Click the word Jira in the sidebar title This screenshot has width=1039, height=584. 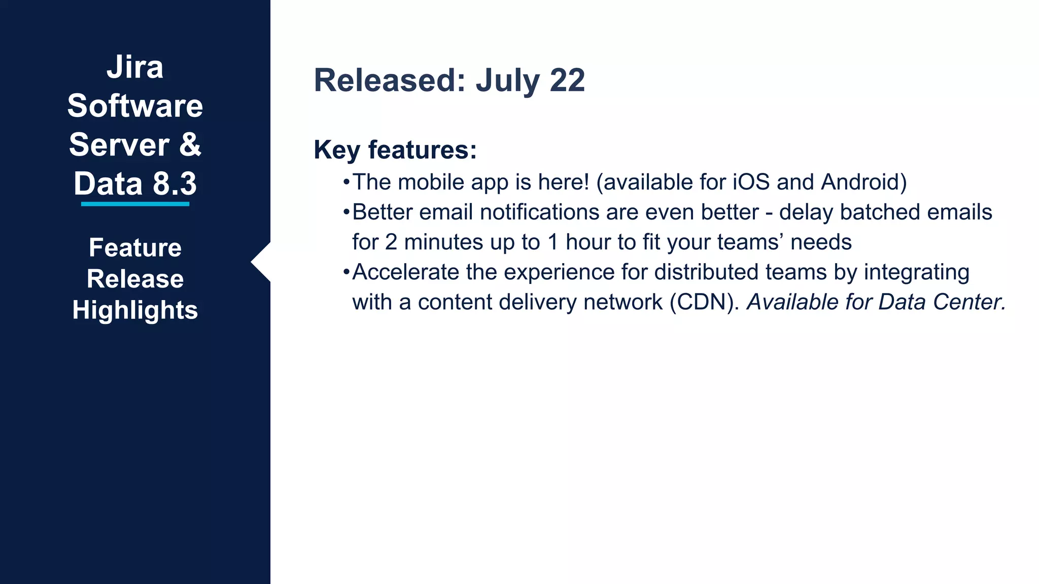click(135, 67)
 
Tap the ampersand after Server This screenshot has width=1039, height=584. click(190, 144)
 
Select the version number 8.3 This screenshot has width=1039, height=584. click(175, 184)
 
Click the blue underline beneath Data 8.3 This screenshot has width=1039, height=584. click(135, 204)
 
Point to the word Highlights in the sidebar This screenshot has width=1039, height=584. click(135, 310)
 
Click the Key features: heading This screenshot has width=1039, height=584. click(395, 150)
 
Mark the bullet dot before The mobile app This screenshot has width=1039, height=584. click(346, 182)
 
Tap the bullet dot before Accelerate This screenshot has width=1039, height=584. click(346, 272)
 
